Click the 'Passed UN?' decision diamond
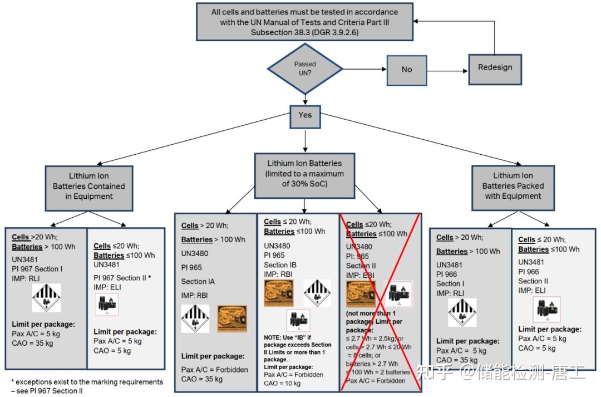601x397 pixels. tap(305, 69)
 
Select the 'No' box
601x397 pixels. tap(407, 70)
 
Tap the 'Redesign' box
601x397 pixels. tap(495, 68)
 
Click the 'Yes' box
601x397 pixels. tap(305, 116)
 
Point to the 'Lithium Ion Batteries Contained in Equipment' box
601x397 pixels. tap(89, 187)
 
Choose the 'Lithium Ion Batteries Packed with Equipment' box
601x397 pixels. tap(513, 186)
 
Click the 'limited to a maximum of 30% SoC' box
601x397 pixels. tap(304, 173)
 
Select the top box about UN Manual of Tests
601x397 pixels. tap(304, 22)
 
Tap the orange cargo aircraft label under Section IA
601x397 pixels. tap(231, 318)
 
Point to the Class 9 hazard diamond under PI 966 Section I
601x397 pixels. tap(462, 312)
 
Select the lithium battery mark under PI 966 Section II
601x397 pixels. tap(546, 310)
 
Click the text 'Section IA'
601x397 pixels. tap(198, 281)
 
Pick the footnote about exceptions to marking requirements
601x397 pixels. tap(87, 386)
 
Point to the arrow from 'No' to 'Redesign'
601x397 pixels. tap(447, 71)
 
